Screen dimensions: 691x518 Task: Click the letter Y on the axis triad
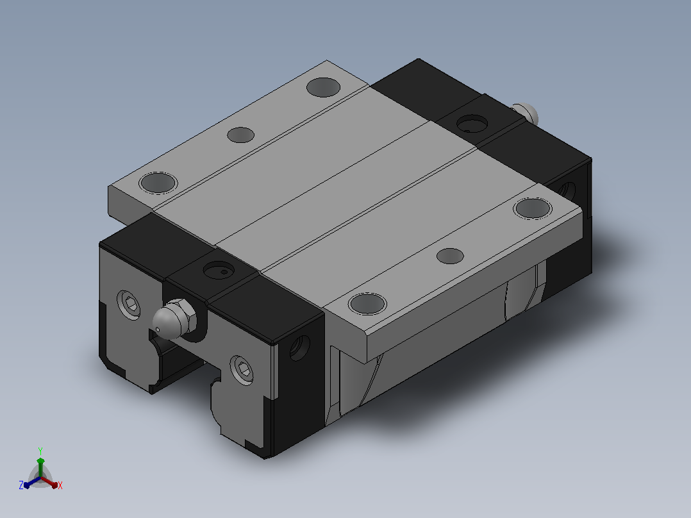tap(40, 451)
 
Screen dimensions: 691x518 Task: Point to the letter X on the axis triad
tap(60, 485)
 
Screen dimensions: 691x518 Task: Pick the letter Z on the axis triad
tap(21, 485)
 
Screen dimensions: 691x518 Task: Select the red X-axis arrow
tap(49, 482)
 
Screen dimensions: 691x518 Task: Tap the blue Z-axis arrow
tap(32, 482)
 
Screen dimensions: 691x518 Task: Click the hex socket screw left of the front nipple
tap(129, 304)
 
